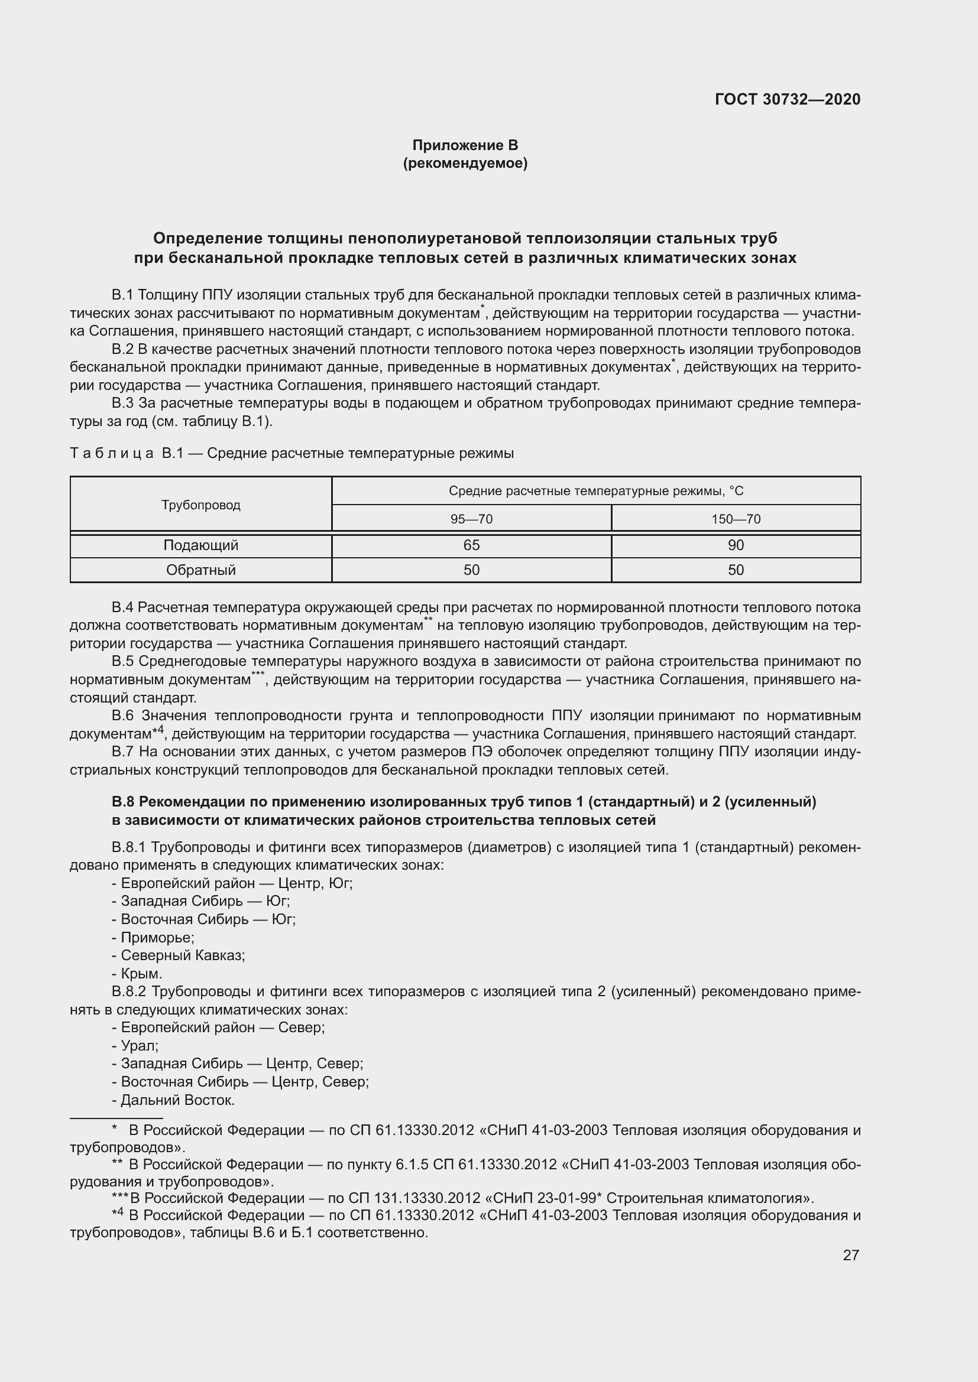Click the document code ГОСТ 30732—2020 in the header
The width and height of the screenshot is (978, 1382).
787,99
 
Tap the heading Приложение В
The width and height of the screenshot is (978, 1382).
465,145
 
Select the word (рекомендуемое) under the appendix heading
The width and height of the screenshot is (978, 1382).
465,163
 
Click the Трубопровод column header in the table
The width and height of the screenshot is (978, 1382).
200,505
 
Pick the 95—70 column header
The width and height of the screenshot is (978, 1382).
471,519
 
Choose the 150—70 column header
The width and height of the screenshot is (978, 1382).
736,519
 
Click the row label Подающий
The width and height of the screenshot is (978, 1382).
200,545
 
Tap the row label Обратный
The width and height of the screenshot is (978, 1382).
200,570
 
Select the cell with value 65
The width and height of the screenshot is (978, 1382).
471,545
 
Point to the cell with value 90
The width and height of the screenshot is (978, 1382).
736,545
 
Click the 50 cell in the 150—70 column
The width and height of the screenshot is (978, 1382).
736,570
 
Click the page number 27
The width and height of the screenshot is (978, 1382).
850,1255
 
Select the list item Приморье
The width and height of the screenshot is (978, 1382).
157,937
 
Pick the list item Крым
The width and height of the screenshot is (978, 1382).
141,973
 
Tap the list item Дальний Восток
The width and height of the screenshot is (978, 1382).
177,1100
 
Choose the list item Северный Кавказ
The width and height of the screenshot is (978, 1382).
183,955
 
